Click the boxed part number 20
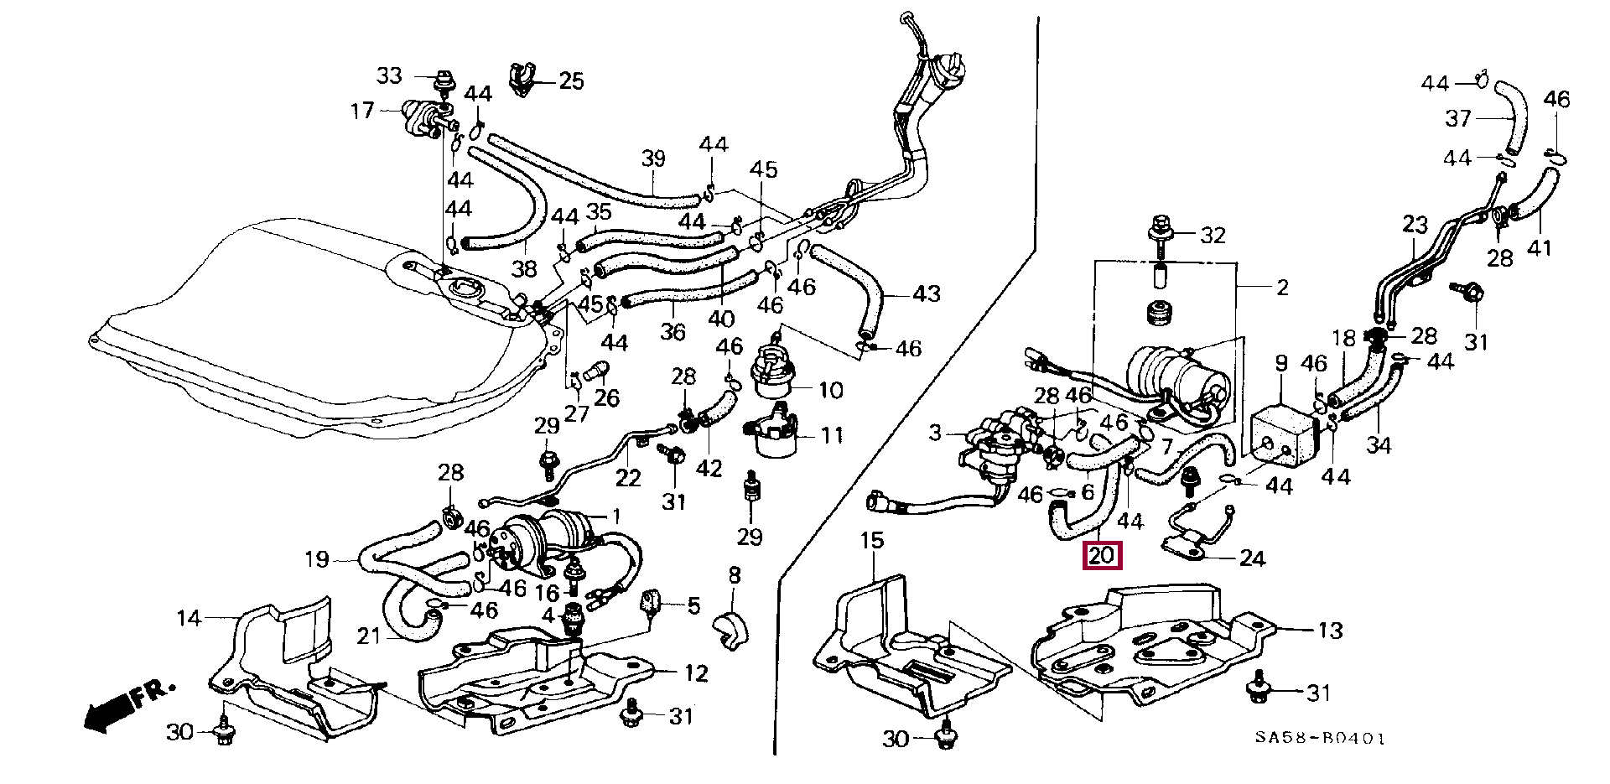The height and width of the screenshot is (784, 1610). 1102,555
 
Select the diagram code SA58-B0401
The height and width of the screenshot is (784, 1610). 1320,739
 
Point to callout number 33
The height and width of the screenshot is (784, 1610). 389,76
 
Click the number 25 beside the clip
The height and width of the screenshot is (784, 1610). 571,81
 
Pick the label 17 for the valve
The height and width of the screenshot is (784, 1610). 362,111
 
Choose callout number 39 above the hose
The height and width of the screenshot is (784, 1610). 653,158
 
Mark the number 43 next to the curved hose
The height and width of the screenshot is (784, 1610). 926,293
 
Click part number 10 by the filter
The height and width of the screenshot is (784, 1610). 830,390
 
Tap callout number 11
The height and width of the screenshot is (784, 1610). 832,435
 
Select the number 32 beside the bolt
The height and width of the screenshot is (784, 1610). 1213,236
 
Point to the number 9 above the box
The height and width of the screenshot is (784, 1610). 1281,363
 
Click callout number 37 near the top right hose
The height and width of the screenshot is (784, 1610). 1457,119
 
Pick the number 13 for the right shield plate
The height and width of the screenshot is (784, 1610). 1330,631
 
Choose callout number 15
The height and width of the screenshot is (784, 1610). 872,541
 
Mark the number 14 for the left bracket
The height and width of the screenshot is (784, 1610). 190,619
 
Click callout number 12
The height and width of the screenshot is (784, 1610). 696,672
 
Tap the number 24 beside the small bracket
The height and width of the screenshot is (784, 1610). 1251,558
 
